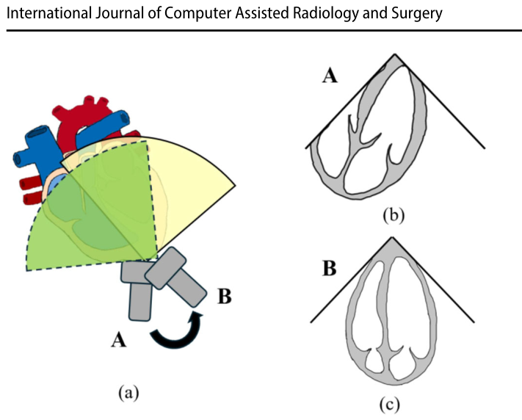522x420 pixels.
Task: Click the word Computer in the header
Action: tap(197, 14)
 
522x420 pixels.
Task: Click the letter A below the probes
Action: tap(118, 341)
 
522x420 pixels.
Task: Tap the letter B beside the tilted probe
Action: tap(225, 296)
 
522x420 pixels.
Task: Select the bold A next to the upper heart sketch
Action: tap(330, 76)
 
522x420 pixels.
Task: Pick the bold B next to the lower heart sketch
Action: tap(330, 269)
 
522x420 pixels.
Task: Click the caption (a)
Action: tap(128, 392)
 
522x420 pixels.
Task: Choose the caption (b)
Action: tap(394, 215)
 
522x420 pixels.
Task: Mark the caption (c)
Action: tap(390, 405)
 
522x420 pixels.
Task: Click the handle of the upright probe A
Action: tap(139, 302)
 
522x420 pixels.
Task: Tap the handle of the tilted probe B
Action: tap(186, 287)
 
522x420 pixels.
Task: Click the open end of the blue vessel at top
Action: tap(124, 118)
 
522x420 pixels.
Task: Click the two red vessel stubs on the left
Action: tap(31, 191)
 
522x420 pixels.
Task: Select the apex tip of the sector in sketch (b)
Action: tap(395, 54)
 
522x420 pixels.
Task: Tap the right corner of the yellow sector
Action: tap(235, 186)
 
